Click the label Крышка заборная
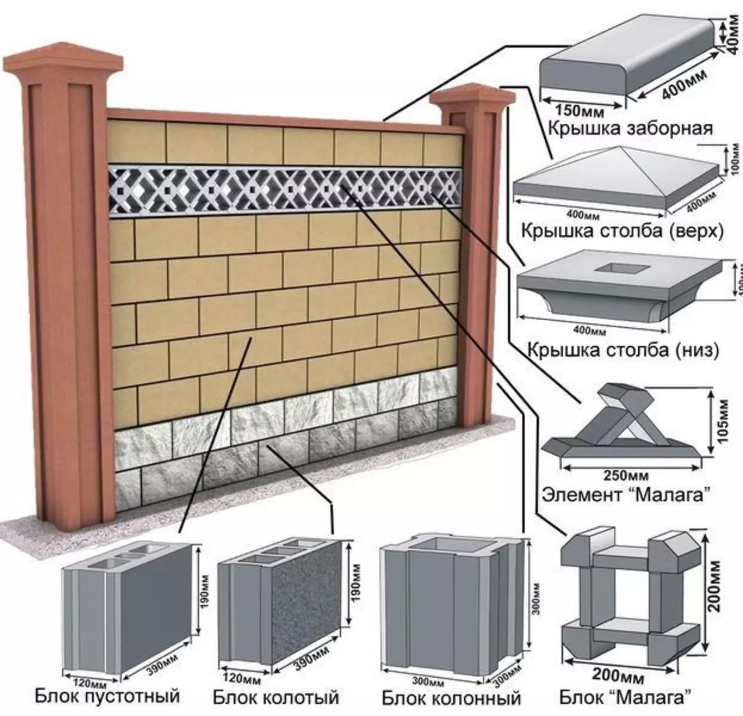[630, 128]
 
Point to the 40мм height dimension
[734, 30]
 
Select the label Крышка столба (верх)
[622, 231]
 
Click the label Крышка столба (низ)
[623, 350]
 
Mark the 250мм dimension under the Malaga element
[625, 476]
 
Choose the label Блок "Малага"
[624, 699]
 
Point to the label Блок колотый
[276, 698]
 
